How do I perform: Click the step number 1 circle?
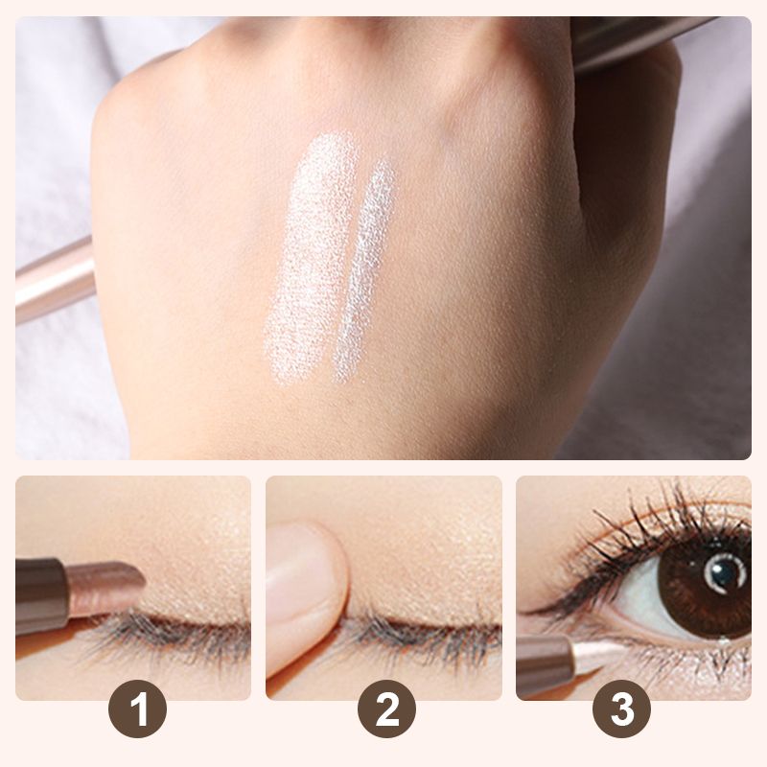click(x=137, y=709)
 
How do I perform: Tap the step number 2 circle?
click(x=387, y=709)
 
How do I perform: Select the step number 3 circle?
click(x=621, y=709)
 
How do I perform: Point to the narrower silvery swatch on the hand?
click(x=364, y=271)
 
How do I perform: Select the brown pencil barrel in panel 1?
click(x=40, y=597)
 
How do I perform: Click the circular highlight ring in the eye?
click(x=725, y=573)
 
